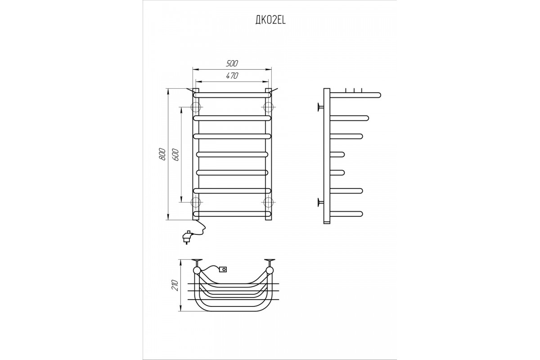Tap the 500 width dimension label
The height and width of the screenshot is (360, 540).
pos(232,63)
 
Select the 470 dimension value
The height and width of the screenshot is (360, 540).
pos(232,76)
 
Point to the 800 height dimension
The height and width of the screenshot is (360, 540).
pos(163,154)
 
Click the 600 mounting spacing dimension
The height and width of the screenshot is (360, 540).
pos(176,155)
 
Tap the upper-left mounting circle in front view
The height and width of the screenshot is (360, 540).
pos(196,107)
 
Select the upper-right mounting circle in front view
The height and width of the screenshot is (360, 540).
pos(268,107)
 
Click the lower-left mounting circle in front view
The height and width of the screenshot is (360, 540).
pos(196,202)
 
